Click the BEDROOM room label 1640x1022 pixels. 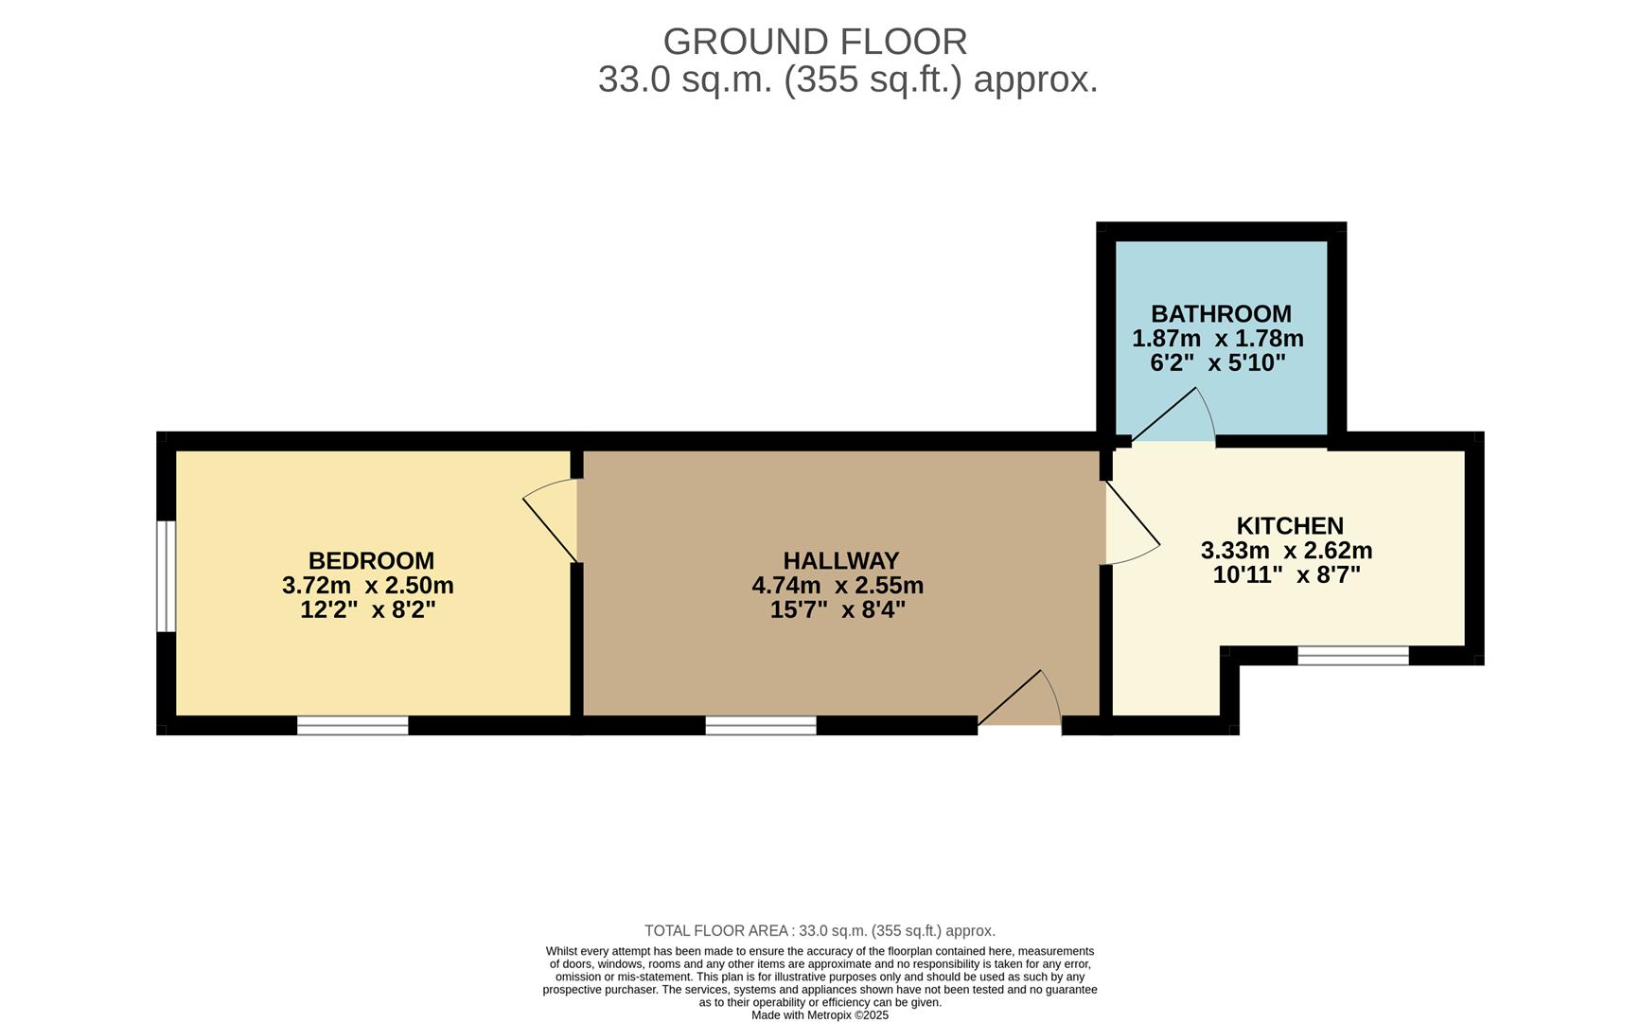pos(371,561)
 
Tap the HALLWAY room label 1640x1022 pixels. pos(840,561)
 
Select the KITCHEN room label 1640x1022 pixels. pos(1290,526)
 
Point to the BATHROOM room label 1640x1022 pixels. pos(1221,314)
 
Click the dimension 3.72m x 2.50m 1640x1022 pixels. pos(367,586)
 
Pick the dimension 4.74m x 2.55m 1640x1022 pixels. pos(838,586)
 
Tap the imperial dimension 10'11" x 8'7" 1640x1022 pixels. pos(1286,575)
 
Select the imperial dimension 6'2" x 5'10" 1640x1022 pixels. pos(1218,363)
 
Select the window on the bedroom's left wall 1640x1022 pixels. pos(166,575)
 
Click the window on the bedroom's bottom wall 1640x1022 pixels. pos(352,726)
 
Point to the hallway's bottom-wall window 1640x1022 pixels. pos(760,726)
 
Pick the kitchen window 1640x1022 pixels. pos(1352,656)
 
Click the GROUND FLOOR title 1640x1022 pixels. pos(815,43)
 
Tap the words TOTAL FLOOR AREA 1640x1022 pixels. pos(716,931)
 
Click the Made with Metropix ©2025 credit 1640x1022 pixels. pos(820,1015)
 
